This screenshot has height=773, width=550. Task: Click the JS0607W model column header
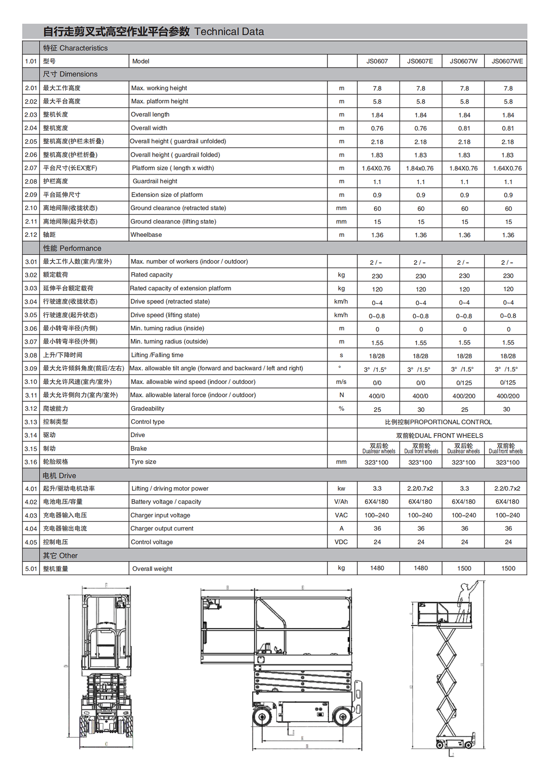click(463, 61)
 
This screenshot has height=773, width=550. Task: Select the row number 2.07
click(31, 168)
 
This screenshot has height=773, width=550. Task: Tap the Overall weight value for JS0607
click(377, 568)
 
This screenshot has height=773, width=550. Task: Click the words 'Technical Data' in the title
click(229, 32)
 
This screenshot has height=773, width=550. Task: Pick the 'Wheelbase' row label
click(146, 235)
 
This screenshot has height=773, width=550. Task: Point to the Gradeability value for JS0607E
click(421, 409)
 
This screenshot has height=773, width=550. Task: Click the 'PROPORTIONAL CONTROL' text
click(451, 422)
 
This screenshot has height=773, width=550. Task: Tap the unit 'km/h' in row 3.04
click(341, 302)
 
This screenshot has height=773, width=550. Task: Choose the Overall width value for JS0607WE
click(507, 128)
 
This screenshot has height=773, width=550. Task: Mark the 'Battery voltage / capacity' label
click(166, 502)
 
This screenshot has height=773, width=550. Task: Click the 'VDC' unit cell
click(341, 542)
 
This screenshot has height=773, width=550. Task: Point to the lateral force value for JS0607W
click(464, 396)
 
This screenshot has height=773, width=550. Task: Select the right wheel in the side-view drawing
click(342, 717)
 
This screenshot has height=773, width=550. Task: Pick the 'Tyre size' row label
click(143, 462)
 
